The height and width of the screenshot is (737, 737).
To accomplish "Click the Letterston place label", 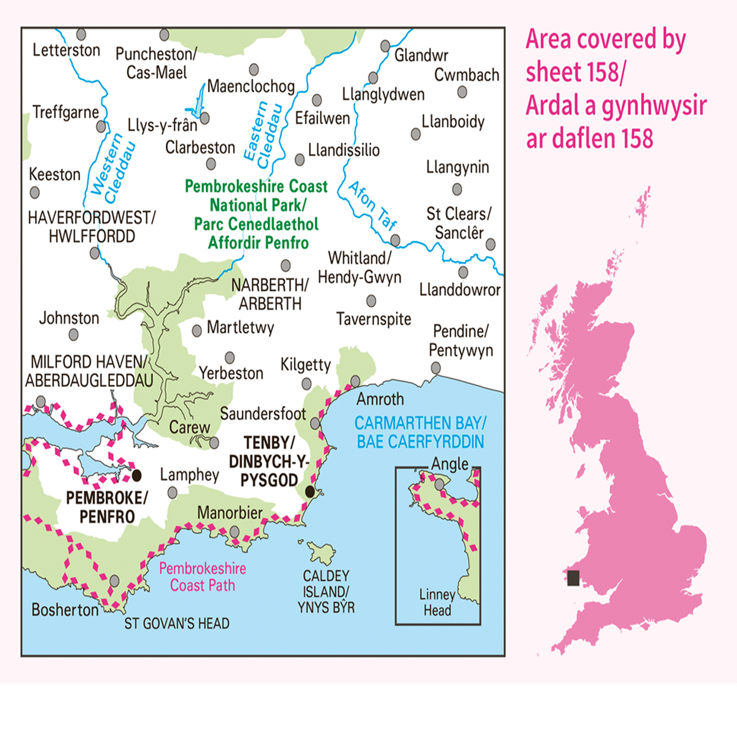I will [66, 50].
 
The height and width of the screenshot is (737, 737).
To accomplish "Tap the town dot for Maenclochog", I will [254, 70].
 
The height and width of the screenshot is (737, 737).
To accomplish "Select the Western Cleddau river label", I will [113, 169].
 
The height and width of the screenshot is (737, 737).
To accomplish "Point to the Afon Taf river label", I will [373, 205].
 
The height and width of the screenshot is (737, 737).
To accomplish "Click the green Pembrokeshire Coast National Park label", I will [256, 214].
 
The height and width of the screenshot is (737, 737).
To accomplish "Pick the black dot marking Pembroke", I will [137, 476].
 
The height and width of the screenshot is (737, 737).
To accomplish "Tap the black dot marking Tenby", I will [310, 492].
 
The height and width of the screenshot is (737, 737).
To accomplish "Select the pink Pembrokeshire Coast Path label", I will [203, 577].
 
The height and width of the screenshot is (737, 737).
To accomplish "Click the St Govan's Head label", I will [177, 624].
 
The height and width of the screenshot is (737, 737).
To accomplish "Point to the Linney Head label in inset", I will [437, 602].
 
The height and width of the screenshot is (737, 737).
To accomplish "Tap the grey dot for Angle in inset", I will [439, 484].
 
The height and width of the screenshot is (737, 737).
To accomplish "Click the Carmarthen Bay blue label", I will [420, 432].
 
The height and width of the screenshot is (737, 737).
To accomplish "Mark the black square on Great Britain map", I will [573, 578].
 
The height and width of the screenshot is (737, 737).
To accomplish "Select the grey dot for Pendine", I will [436, 368].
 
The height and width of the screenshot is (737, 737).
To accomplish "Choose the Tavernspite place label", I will [374, 319].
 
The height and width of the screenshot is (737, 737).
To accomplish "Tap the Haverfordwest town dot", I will [95, 253].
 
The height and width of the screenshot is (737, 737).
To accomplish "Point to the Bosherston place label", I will [65, 610].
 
